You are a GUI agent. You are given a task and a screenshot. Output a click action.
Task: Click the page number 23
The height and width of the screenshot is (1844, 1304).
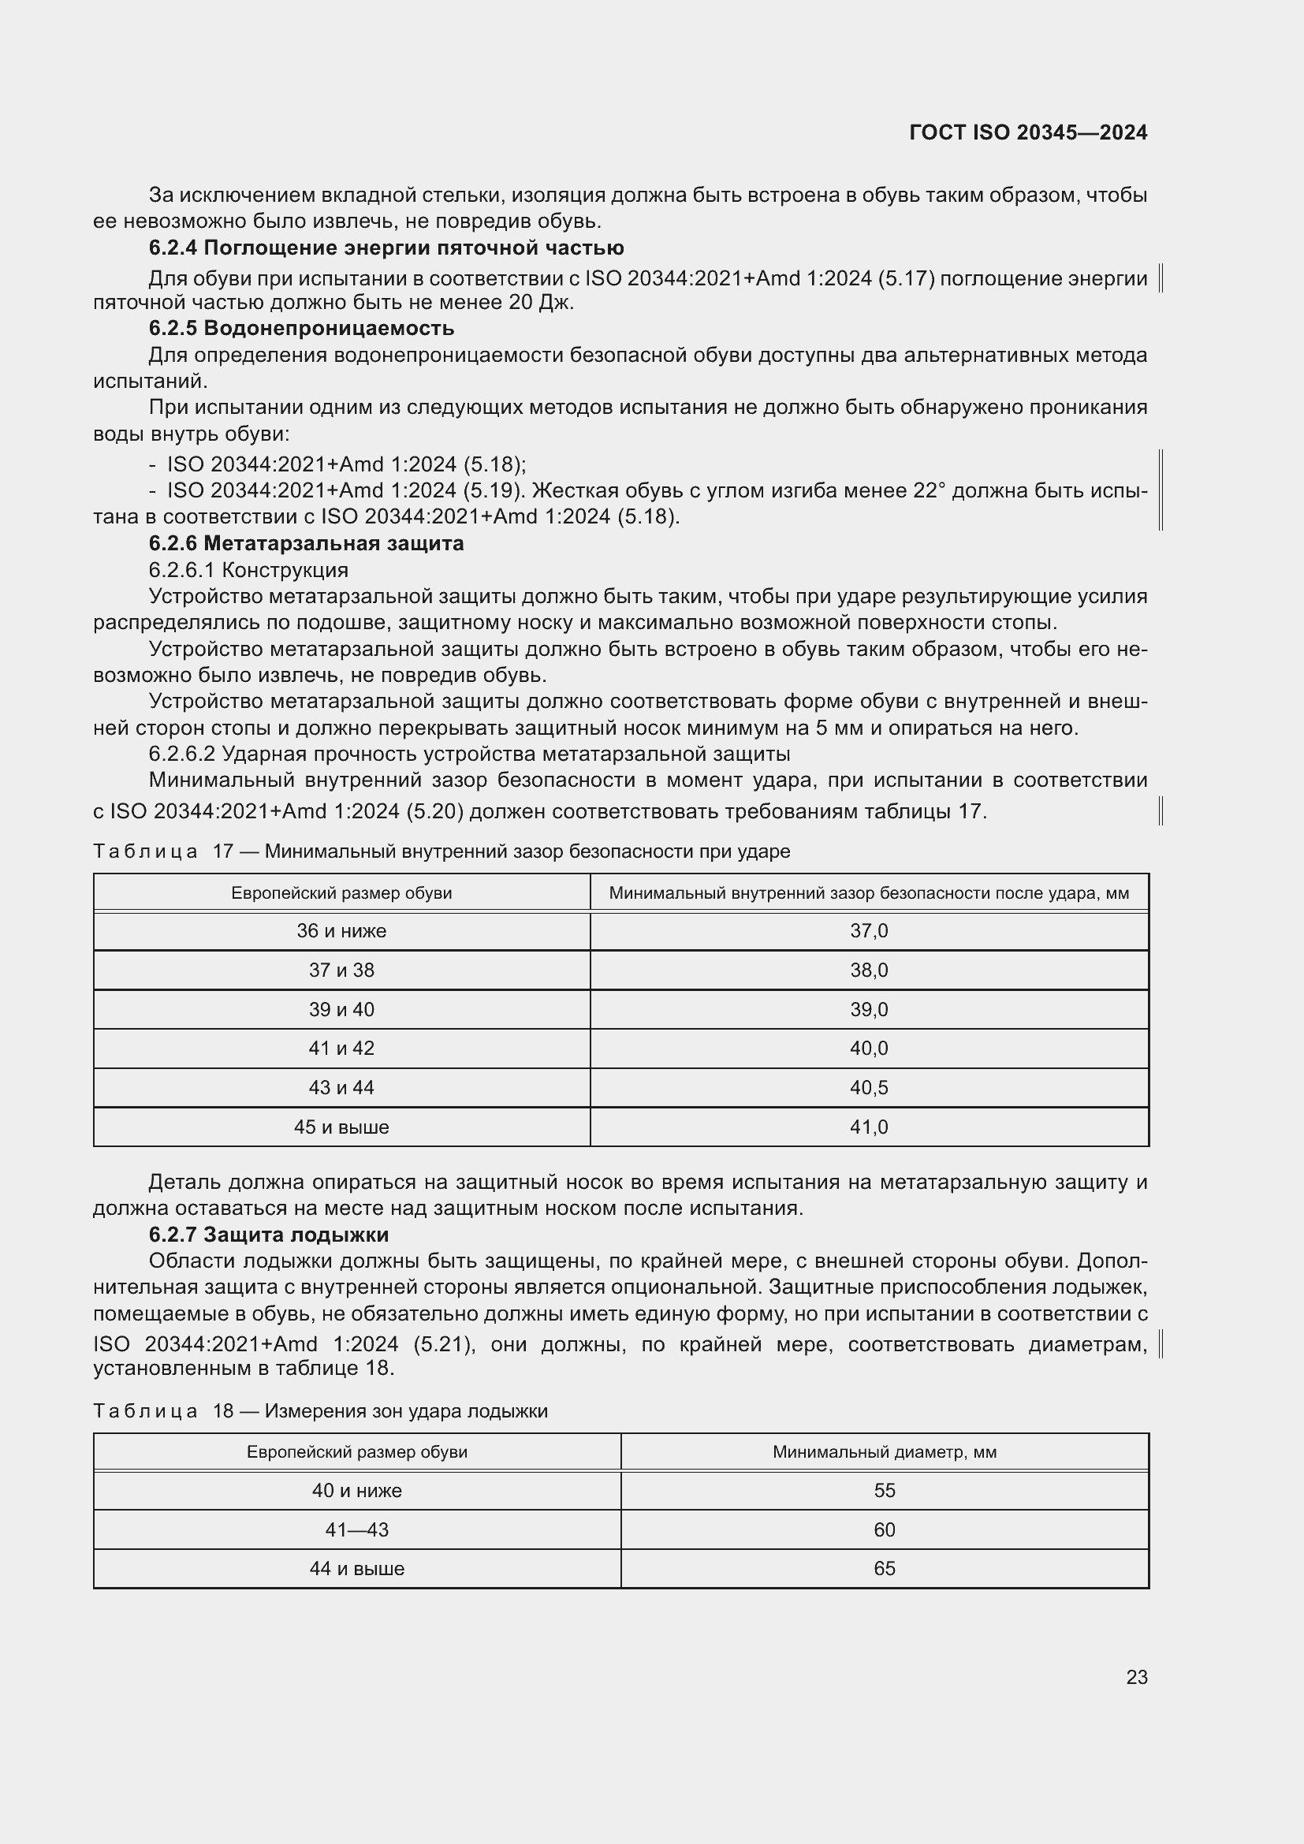click(x=1136, y=1677)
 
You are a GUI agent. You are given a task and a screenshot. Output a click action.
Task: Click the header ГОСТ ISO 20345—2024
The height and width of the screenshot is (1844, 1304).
click(x=1028, y=132)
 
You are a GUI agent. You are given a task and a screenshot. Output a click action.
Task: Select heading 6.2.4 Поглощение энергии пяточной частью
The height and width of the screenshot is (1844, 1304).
click(x=386, y=248)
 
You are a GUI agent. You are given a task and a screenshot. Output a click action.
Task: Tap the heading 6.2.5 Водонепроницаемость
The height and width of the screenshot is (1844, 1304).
click(x=301, y=328)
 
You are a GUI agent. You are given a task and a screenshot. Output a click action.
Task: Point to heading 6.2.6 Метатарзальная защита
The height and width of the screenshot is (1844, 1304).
click(x=306, y=543)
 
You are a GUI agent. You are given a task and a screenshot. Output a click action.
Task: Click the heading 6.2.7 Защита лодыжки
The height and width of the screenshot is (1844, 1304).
click(x=268, y=1234)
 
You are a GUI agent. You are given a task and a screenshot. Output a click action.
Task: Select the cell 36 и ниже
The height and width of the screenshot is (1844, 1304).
click(x=341, y=931)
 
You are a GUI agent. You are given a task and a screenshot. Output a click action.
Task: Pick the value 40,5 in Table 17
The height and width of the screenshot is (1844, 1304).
click(x=869, y=1087)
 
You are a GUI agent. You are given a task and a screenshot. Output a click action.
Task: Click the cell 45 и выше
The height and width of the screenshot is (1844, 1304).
click(x=341, y=1127)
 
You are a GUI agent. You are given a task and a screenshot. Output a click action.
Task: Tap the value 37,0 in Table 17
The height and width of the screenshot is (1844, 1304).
click(x=869, y=931)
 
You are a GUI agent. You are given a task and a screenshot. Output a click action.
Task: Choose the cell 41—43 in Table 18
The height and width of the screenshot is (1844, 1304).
click(x=356, y=1530)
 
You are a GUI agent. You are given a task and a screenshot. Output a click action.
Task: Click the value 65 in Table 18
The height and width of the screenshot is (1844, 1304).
click(x=884, y=1569)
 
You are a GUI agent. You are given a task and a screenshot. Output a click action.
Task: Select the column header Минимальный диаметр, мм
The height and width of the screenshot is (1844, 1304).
click(x=884, y=1452)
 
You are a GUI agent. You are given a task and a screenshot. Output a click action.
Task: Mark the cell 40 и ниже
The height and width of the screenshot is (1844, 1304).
click(x=356, y=1491)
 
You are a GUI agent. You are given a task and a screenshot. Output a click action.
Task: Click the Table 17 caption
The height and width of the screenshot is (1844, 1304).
click(x=441, y=851)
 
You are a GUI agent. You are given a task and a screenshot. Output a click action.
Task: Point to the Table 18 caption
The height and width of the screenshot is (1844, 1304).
click(x=320, y=1411)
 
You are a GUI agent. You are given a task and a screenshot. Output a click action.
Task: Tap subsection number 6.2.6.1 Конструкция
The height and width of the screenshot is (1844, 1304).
click(x=248, y=569)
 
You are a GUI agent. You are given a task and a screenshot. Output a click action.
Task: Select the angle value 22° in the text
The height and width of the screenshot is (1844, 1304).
click(x=929, y=490)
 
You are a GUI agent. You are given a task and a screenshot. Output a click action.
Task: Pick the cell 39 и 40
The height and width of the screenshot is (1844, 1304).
click(x=341, y=1010)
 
